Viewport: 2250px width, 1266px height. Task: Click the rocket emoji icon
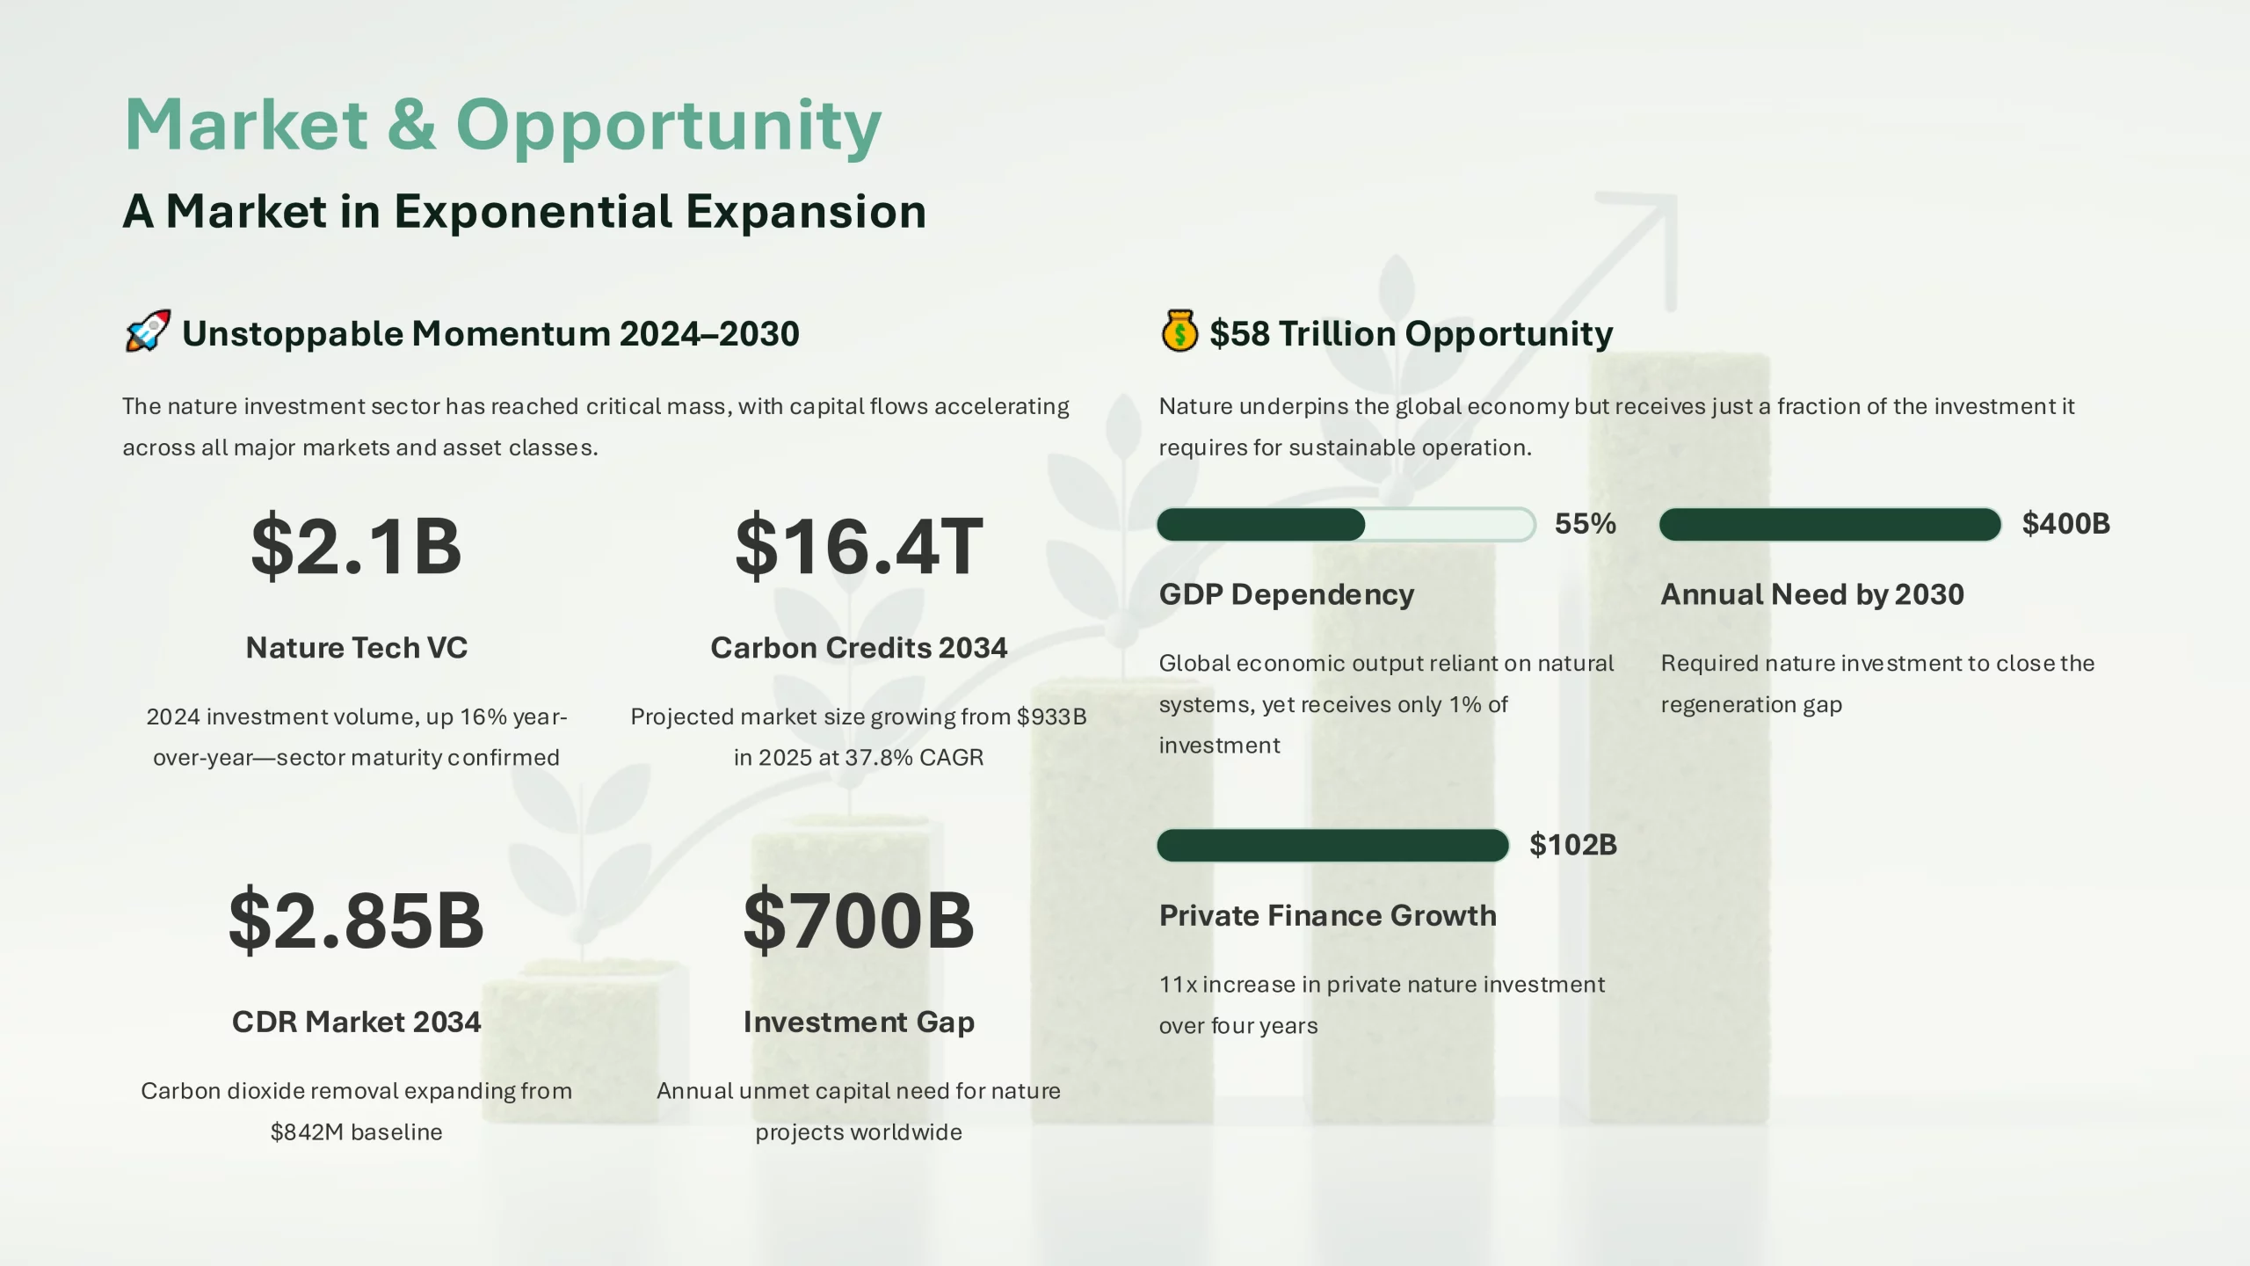click(148, 331)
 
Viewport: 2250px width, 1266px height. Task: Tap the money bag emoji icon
click(1179, 331)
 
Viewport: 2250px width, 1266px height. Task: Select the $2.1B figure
click(356, 546)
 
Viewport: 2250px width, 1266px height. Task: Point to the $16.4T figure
click(859, 546)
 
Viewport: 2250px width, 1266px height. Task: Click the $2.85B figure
click(356, 920)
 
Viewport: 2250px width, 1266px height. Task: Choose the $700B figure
click(859, 920)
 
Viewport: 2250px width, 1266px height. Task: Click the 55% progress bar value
click(1586, 524)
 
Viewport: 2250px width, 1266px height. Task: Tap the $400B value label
click(2065, 524)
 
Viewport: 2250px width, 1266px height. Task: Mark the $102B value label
click(1573, 845)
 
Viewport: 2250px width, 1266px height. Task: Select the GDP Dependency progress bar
click(1346, 525)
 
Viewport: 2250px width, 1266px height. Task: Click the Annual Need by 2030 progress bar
click(1831, 525)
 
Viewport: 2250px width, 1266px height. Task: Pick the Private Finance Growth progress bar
click(1333, 846)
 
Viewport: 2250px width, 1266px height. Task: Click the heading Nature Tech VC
click(356, 648)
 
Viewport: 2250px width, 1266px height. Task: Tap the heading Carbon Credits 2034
click(859, 648)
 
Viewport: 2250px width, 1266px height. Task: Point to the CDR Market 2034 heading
click(356, 1022)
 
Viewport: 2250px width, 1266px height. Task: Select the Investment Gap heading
click(859, 1022)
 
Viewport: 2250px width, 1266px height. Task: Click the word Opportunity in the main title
click(668, 127)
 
